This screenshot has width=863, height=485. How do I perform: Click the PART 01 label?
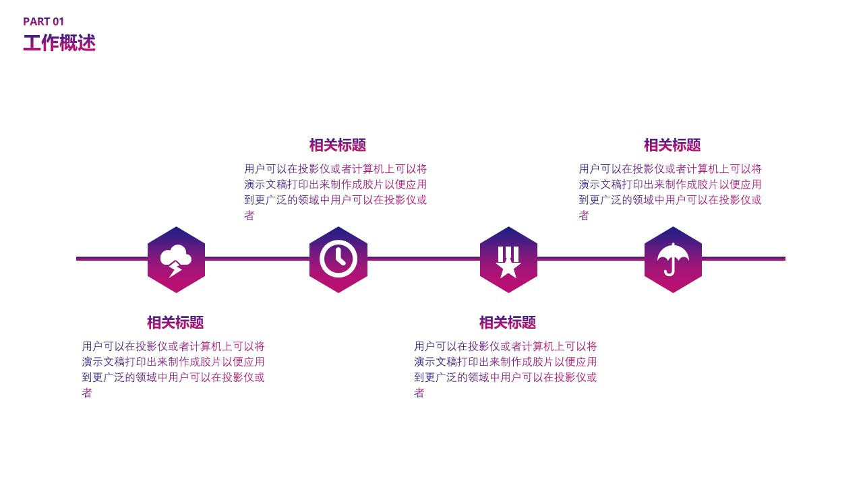[x=44, y=22]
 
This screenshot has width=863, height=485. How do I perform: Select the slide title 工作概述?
[x=59, y=42]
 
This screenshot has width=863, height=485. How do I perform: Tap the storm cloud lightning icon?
[x=176, y=261]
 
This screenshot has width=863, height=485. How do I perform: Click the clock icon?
[x=338, y=259]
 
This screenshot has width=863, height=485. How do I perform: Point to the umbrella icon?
[x=673, y=259]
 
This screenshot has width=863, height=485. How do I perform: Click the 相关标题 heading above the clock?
[x=338, y=145]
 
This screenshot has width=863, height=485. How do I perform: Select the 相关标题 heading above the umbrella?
[x=672, y=145]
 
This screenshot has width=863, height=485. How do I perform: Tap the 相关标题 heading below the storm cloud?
[x=175, y=323]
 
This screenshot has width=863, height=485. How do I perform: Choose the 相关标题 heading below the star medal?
[x=508, y=323]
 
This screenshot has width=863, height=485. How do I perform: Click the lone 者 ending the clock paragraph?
[x=249, y=216]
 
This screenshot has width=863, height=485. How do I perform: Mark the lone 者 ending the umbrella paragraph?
[x=584, y=216]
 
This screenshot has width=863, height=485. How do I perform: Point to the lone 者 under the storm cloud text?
[x=87, y=393]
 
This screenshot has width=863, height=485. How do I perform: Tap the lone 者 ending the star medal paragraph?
[x=419, y=393]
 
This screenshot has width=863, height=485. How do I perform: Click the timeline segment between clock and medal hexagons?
[x=423, y=259]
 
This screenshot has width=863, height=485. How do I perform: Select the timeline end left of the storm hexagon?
[x=76, y=259]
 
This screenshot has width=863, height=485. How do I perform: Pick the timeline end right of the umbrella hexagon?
[x=785, y=259]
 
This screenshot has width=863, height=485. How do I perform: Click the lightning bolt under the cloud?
[x=175, y=269]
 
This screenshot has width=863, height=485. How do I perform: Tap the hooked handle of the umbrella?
[x=670, y=270]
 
